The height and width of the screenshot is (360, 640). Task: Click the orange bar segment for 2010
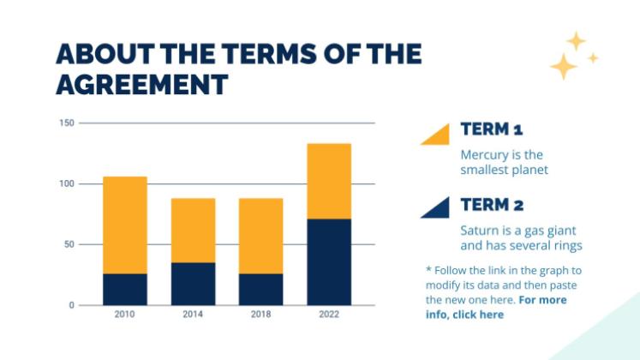[x=125, y=225]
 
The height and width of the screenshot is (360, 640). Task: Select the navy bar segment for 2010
[x=125, y=289]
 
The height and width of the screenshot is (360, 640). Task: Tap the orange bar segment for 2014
[x=193, y=230]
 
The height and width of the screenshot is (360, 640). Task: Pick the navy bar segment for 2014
[x=193, y=283]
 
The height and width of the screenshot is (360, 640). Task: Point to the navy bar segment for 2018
[x=260, y=289]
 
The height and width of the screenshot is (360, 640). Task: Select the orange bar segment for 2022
[x=329, y=181]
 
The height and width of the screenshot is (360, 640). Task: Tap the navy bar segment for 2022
[x=329, y=261]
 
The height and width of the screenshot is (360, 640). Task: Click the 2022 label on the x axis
[x=329, y=315]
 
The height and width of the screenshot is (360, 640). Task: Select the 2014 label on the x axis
[x=193, y=315]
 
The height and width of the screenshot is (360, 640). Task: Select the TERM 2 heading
[x=492, y=205]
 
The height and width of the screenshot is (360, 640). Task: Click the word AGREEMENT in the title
[x=141, y=84]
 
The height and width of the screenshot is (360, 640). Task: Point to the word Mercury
[x=482, y=155]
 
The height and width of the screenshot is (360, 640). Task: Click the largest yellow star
[x=563, y=66]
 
